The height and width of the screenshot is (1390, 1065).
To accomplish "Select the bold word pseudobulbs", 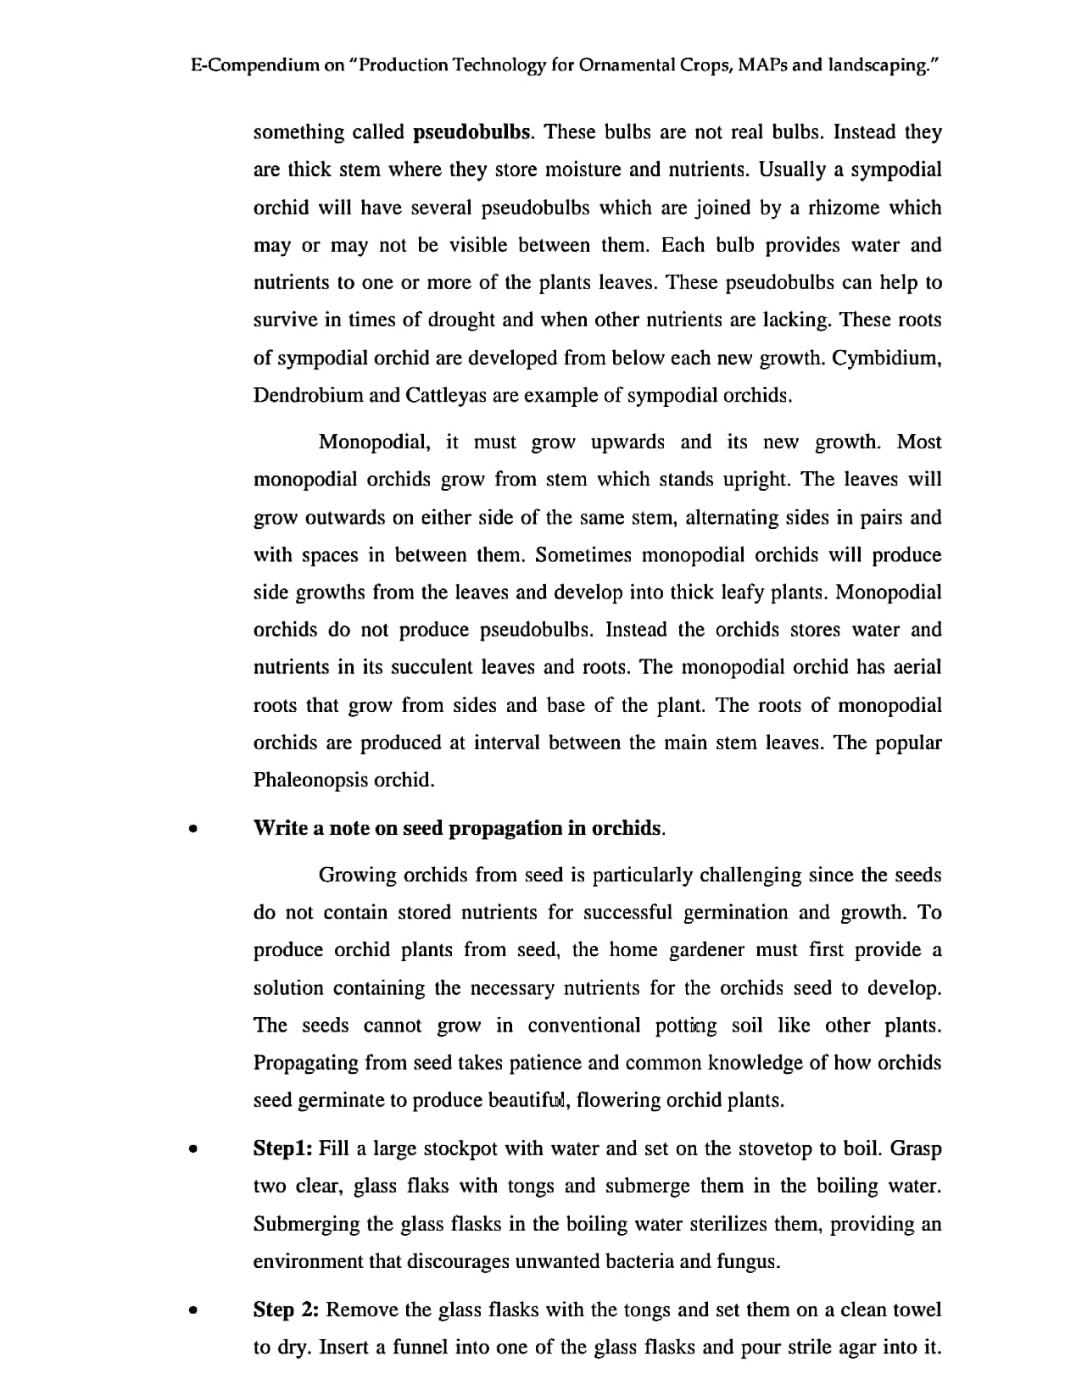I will point(473,132).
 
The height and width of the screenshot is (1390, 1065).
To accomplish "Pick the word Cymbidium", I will point(887,358).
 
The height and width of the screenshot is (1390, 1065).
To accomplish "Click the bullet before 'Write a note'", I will point(194,830).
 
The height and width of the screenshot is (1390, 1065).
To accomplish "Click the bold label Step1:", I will point(284,1149).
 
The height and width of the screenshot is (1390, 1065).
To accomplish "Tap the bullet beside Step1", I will point(194,1150).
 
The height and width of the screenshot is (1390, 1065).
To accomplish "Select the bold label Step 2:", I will point(286,1310).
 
